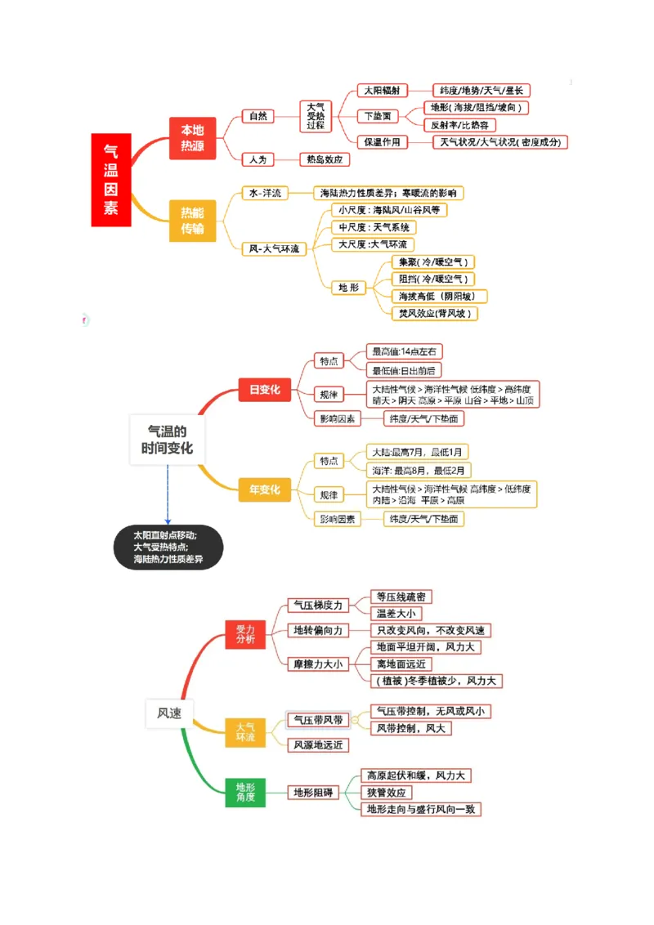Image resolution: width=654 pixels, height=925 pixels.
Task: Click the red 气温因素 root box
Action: tap(110, 180)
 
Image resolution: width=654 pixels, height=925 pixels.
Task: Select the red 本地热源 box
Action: tap(192, 138)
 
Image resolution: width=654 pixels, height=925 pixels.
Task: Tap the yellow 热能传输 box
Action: tap(192, 220)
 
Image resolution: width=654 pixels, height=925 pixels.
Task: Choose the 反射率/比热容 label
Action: tap(463, 125)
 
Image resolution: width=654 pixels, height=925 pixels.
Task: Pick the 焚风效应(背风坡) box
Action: tap(434, 313)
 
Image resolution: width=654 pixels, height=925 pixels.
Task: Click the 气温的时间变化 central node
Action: tap(167, 440)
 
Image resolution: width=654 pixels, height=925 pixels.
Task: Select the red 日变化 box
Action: tap(264, 390)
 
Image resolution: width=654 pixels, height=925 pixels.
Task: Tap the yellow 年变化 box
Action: tap(264, 489)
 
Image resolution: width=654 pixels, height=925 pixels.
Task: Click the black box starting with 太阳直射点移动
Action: tap(168, 547)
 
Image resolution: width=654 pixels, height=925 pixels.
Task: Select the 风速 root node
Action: tap(168, 713)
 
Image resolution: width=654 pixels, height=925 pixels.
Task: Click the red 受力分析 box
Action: tap(245, 634)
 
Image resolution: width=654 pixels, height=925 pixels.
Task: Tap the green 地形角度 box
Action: tap(245, 792)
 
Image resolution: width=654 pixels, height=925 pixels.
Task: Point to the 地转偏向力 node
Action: tap(318, 630)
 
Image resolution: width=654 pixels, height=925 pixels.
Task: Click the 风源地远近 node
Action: tap(317, 744)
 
